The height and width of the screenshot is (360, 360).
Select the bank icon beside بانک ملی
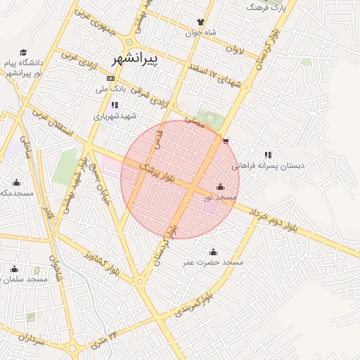tap(110, 78)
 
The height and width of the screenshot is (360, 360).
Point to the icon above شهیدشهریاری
tap(115, 105)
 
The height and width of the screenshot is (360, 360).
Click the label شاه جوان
tap(200, 33)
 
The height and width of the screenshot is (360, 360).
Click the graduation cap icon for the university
tap(23, 53)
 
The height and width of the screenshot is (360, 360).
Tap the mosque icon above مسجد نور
tap(221, 186)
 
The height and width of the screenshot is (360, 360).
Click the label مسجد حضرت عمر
tap(213, 262)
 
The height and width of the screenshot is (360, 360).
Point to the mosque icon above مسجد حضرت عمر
tap(213, 252)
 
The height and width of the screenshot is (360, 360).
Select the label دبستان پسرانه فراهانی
tap(269, 166)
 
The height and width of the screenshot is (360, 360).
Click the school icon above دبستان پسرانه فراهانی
tap(268, 155)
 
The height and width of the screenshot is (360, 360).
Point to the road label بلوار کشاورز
tap(103, 262)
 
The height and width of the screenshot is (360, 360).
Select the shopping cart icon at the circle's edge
tap(225, 141)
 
